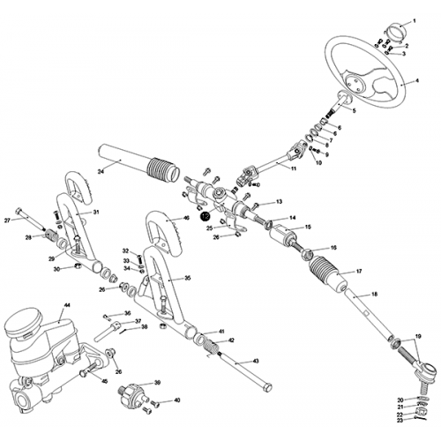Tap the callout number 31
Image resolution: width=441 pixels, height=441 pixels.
pyautogui.click(x=97, y=212)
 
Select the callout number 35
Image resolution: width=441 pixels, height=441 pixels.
pyautogui.click(x=185, y=277)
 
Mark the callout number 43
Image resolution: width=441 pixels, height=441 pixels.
pyautogui.click(x=255, y=362)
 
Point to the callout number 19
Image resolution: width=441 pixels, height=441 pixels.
pyautogui.click(x=420, y=337)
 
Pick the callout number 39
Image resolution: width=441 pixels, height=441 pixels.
pyautogui.click(x=157, y=382)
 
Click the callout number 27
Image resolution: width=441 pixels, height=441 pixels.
pyautogui.click(x=8, y=220)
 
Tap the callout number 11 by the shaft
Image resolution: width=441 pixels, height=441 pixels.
pyautogui.click(x=292, y=166)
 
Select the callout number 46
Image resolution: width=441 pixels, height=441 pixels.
pyautogui.click(x=185, y=218)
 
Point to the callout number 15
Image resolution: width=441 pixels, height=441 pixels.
pyautogui.click(x=307, y=227)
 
